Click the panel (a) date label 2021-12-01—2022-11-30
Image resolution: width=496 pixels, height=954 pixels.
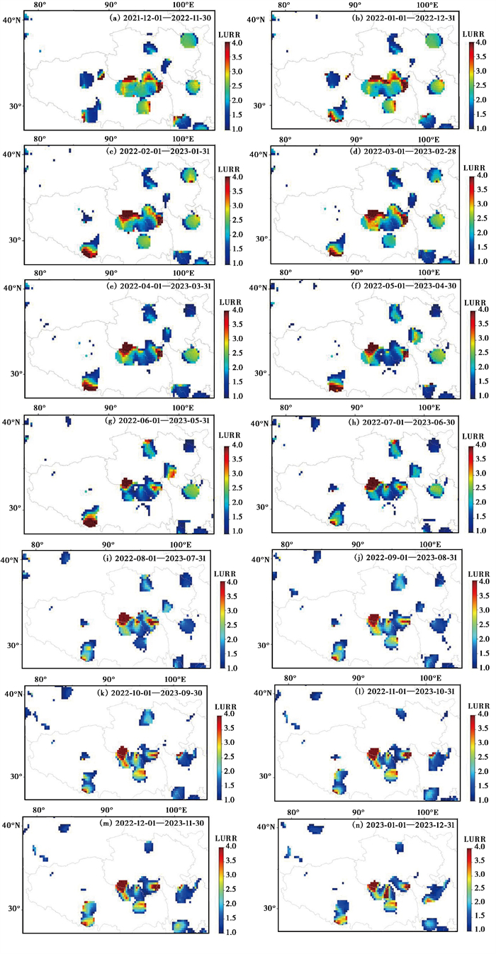tap(167, 18)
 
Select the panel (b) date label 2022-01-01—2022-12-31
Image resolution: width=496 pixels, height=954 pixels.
tap(411, 18)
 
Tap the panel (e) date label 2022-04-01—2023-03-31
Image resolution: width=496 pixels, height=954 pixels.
tap(165, 286)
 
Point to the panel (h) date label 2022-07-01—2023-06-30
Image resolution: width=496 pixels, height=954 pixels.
tap(409, 422)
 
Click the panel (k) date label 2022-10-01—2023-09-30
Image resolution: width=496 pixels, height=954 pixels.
tap(157, 693)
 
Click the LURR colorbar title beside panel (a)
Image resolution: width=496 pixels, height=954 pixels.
tap(229, 35)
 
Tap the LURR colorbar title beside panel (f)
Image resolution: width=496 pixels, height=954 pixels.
tap(475, 303)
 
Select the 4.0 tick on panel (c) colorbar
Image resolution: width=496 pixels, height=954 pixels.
tap(237, 176)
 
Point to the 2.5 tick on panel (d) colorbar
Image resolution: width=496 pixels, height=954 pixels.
tap(482, 218)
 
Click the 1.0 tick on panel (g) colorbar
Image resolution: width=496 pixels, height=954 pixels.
tap(237, 531)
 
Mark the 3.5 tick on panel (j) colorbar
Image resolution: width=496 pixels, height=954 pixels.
tap(484, 596)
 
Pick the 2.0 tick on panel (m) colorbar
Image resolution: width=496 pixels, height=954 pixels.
tap(231, 903)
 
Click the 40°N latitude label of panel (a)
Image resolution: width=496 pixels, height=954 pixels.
tap(12, 20)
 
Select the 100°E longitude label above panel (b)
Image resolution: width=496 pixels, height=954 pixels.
tap(427, 5)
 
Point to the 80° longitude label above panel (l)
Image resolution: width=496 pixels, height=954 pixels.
tap(290, 678)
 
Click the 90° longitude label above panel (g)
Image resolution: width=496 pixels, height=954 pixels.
tap(111, 408)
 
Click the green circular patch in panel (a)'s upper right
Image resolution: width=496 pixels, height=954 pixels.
tap(188, 41)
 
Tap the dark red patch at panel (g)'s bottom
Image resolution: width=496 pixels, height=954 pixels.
tap(90, 522)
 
